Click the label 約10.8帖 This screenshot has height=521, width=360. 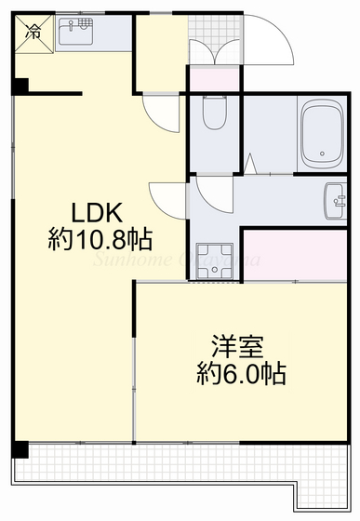point(100,239)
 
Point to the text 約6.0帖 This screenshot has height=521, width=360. point(241,374)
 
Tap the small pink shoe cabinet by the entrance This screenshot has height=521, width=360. point(214,81)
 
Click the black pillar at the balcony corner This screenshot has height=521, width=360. point(21,451)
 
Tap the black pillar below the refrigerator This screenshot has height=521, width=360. point(20,87)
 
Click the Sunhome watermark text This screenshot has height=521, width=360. point(167,259)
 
